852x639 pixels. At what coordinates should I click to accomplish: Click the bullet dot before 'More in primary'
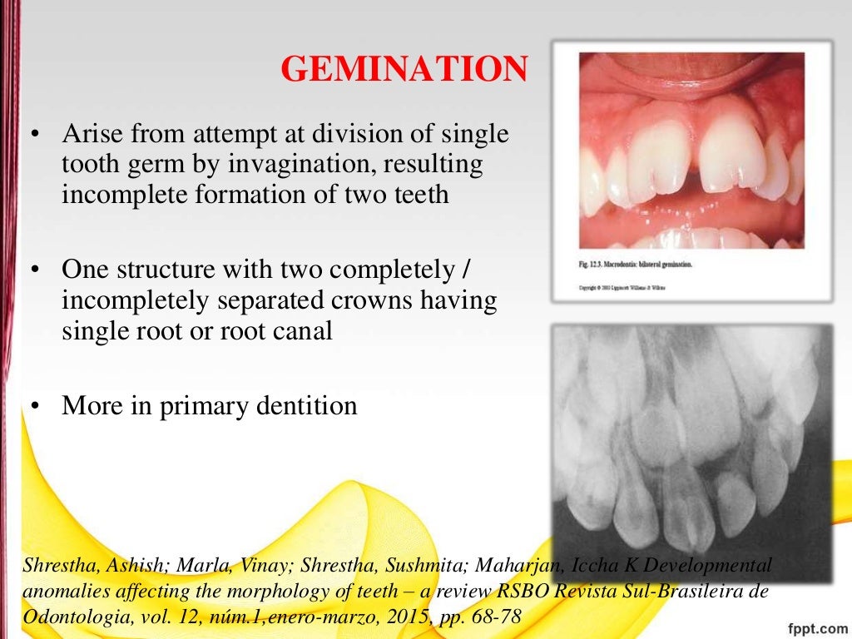35,406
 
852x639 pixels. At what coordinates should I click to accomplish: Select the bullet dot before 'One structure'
35,272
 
